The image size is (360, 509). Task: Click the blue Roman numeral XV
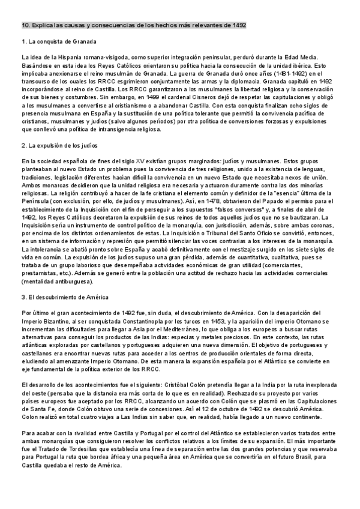[x=140, y=161]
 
